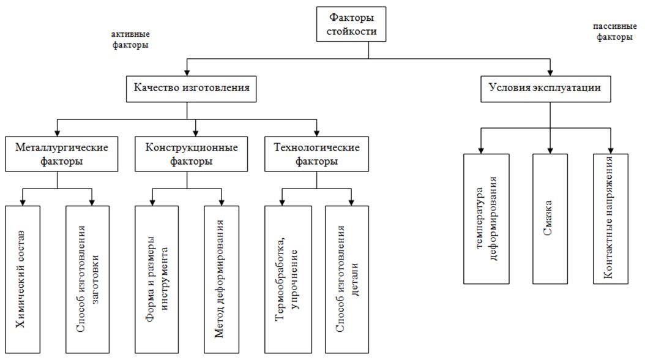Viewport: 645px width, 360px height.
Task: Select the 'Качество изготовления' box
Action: pos(191,88)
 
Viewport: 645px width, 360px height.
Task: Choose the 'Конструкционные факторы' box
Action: pos(192,154)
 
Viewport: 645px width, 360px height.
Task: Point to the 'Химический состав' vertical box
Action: pos(22,279)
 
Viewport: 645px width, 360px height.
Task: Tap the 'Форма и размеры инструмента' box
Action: pos(157,279)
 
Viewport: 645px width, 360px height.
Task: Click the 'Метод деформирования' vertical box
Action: pos(222,279)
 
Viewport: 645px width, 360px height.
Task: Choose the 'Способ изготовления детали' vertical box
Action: pos(347,279)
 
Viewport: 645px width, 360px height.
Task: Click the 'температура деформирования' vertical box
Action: pos(487,219)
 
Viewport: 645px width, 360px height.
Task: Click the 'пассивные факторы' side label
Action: pos(613,32)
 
